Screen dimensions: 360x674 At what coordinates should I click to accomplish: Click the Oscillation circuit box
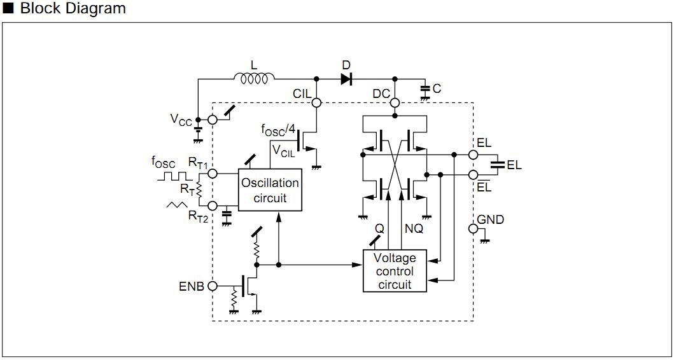[270, 190]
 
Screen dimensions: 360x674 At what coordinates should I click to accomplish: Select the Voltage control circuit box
[395, 271]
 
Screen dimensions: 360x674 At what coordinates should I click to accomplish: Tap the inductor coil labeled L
[255, 79]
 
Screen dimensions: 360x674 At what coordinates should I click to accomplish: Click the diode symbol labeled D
[346, 79]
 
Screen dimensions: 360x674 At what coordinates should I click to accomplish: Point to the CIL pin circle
[316, 102]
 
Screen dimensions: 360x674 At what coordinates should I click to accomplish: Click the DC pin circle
[395, 102]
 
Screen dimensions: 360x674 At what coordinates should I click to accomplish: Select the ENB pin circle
[213, 286]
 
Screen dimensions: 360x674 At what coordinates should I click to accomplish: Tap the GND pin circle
[473, 228]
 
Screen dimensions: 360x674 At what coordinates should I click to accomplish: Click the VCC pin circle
[213, 120]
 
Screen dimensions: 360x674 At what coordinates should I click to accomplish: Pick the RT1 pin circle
[213, 172]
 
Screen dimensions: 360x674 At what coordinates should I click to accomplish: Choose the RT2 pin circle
[213, 205]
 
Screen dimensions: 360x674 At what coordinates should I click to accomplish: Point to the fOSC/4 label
[278, 130]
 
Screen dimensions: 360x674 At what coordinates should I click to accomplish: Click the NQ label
[414, 228]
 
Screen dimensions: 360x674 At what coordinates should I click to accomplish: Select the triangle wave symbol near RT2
[177, 205]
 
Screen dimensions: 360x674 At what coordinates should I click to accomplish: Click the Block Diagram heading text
[73, 8]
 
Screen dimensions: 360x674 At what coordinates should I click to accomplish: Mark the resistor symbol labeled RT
[199, 189]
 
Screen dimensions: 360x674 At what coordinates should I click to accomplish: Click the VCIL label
[283, 150]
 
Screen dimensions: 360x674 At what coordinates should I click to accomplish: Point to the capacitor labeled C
[425, 90]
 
